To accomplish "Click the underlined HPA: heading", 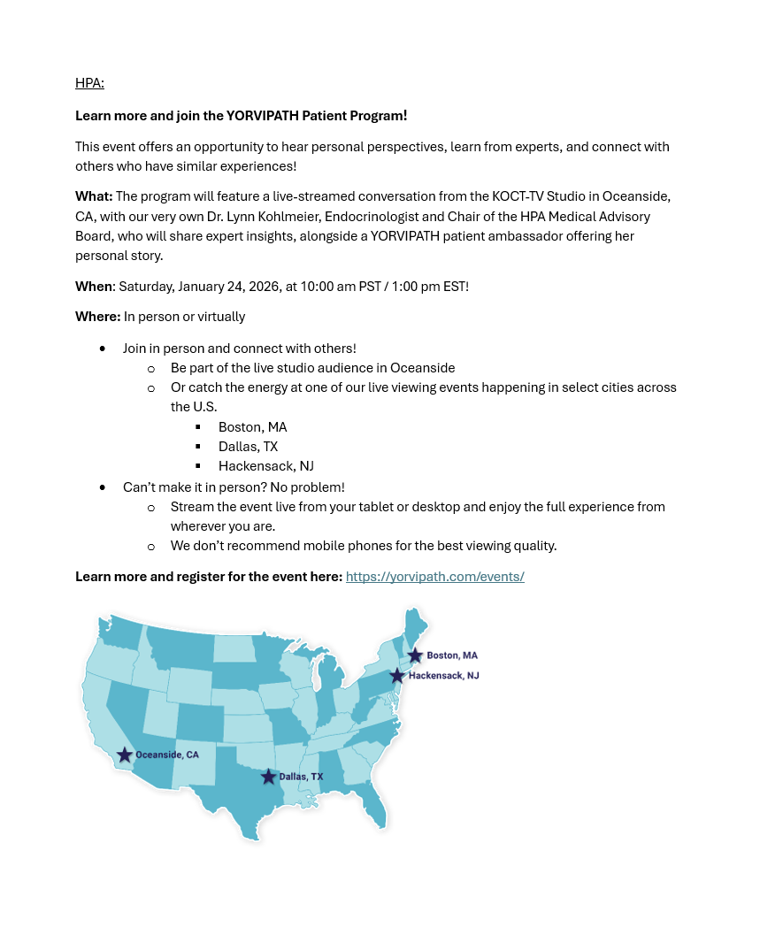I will pyautogui.click(x=89, y=83).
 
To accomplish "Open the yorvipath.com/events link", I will pyautogui.click(x=434, y=577).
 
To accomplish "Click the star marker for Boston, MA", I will pyautogui.click(x=415, y=655).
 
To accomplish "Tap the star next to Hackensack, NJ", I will pyautogui.click(x=397, y=676).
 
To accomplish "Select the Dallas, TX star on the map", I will pyautogui.click(x=269, y=777).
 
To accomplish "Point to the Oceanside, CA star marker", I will pyautogui.click(x=125, y=755).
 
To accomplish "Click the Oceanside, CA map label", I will pyautogui.click(x=167, y=755).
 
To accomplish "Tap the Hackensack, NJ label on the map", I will pyautogui.click(x=443, y=676).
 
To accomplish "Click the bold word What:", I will pyautogui.click(x=94, y=196).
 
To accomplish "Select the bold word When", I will pyautogui.click(x=94, y=287).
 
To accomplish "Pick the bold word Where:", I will pyautogui.click(x=97, y=317).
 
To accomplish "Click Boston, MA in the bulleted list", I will pyautogui.click(x=252, y=427).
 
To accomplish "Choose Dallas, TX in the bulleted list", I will pyautogui.click(x=248, y=447).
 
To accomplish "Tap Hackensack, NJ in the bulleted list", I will pyautogui.click(x=265, y=466).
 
